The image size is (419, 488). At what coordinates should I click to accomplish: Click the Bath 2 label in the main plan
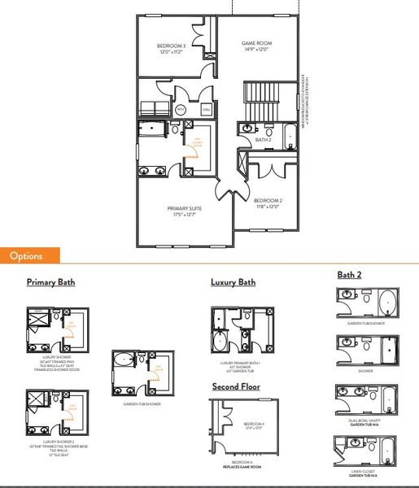[x=263, y=140]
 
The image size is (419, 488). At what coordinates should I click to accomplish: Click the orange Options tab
[x=30, y=255]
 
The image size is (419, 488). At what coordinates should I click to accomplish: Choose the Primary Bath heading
[x=50, y=283]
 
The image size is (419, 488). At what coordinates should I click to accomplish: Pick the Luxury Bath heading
[x=233, y=283]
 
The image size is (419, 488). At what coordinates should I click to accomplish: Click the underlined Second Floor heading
[x=236, y=387]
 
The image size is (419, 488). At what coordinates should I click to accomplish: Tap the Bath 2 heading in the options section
[x=351, y=275]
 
